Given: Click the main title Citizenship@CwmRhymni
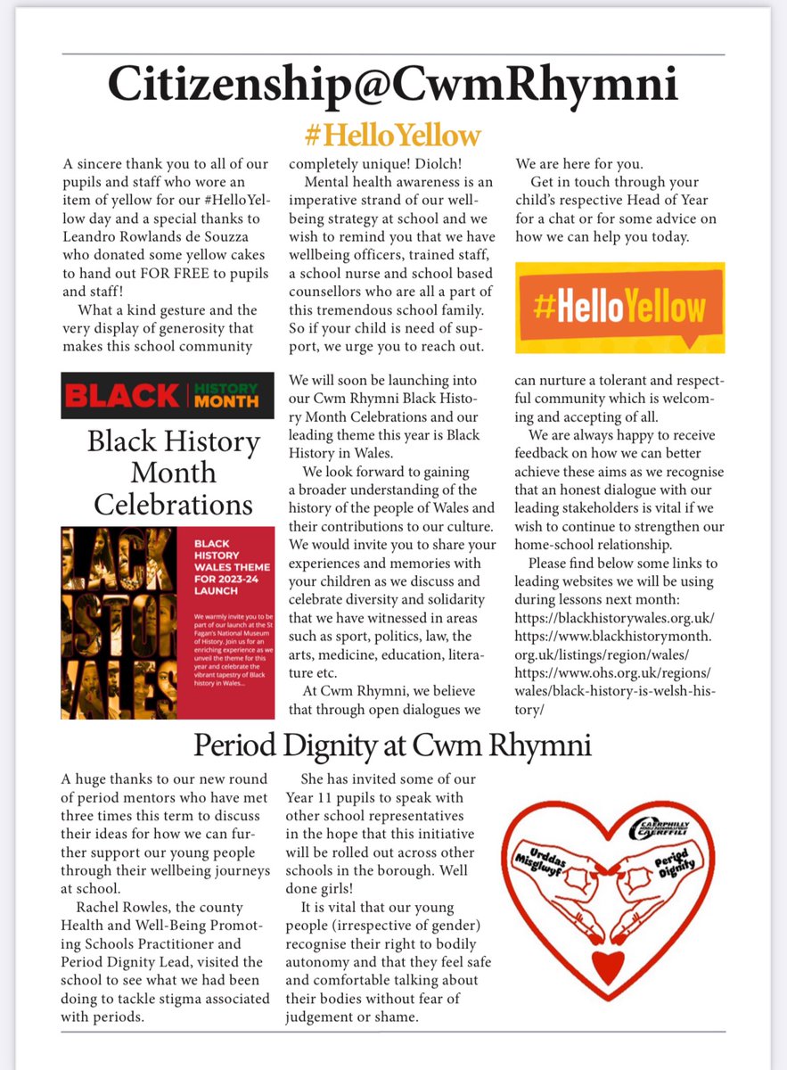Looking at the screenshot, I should [x=393, y=86].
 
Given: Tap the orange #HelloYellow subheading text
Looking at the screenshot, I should [x=393, y=135].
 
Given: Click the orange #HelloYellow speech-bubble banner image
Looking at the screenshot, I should [x=621, y=308].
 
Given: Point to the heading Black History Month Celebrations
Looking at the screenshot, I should [x=174, y=473].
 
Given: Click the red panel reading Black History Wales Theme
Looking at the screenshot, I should [x=222, y=622].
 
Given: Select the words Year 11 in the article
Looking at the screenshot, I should [x=313, y=799].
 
